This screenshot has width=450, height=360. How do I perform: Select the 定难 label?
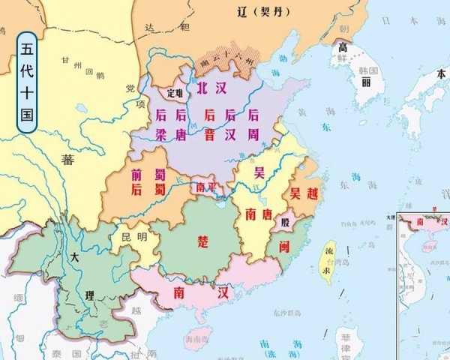[x=175, y=94]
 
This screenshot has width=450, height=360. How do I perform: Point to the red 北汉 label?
[x=211, y=88]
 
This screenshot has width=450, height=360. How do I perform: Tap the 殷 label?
[x=283, y=223]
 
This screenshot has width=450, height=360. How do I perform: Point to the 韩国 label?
[x=366, y=71]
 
